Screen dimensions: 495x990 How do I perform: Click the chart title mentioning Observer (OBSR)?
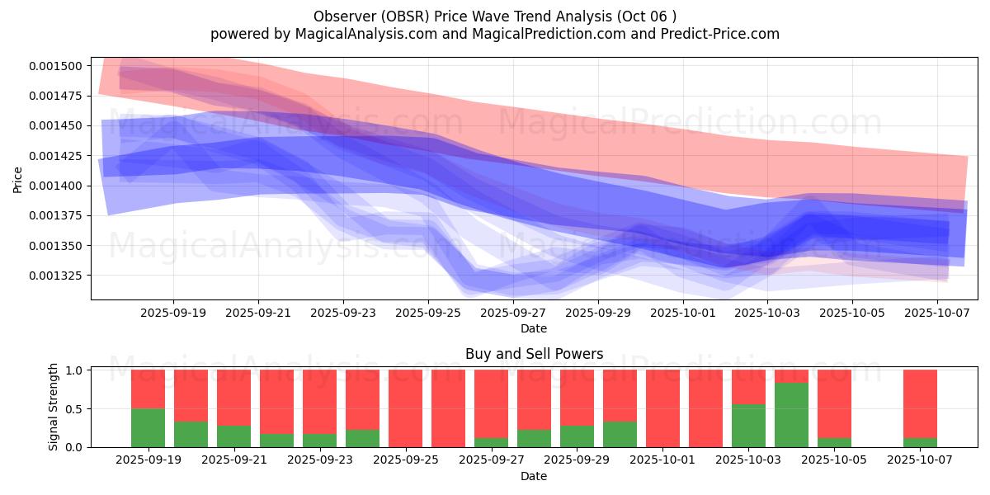tap(495, 16)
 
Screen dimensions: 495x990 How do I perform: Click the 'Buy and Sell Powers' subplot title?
tap(534, 354)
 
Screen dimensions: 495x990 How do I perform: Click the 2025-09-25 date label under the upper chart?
tap(428, 313)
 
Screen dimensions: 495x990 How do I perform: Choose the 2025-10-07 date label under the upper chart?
tap(937, 313)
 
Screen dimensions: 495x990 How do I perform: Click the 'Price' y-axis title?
tap(18, 179)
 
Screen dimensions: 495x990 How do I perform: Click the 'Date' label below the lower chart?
tap(534, 476)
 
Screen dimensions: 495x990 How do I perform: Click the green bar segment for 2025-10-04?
tap(791, 415)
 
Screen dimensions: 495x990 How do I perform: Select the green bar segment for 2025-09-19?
tap(148, 427)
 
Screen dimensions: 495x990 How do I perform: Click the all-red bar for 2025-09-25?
tap(405, 408)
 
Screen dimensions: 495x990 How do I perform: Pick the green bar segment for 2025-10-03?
tap(748, 426)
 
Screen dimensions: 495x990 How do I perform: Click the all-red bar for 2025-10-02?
tap(705, 408)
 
